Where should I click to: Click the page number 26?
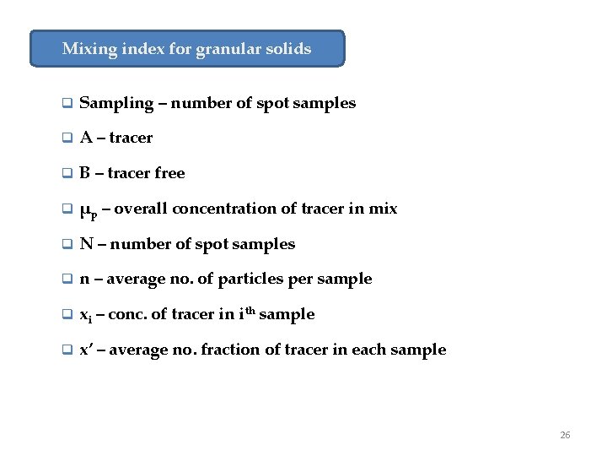565,435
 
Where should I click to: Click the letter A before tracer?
86,138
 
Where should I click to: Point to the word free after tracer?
169,173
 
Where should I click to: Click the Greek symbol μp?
88,210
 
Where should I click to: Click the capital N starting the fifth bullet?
86,244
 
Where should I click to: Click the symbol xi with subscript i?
85,316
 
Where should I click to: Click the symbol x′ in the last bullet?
86,350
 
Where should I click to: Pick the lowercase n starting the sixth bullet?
85,280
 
